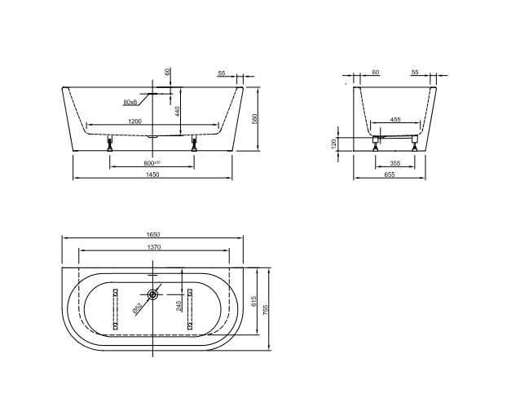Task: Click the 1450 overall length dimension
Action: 152,175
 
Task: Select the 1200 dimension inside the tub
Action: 137,122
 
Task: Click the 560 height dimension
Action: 254,119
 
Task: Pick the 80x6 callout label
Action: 130,102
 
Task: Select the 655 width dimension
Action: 390,175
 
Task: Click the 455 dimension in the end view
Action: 395,119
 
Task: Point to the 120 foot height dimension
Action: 335,143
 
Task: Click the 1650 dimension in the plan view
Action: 152,235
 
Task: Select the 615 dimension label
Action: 254,303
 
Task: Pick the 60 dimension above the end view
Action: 375,73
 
